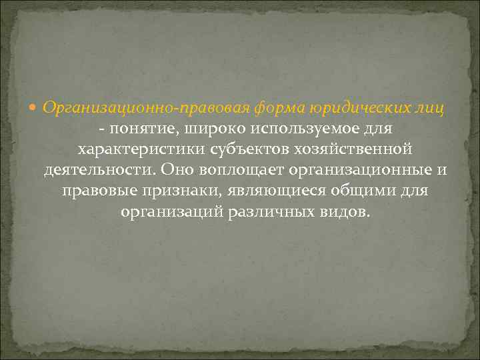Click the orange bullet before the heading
click(35, 107)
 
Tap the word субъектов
click(237, 149)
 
